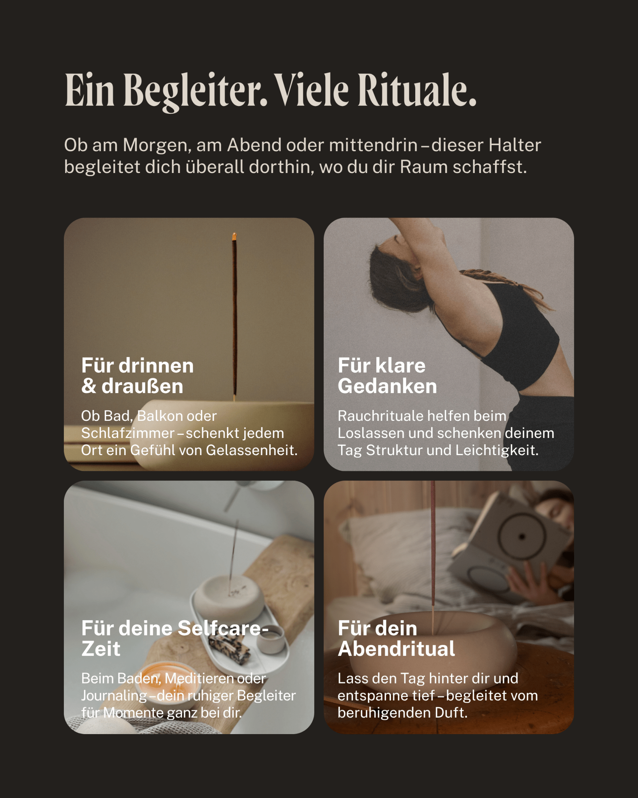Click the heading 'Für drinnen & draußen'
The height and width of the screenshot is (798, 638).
point(137,376)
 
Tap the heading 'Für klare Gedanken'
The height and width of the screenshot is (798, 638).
point(387,376)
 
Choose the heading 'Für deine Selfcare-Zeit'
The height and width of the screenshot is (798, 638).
point(175,638)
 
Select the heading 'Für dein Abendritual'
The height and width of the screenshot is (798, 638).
point(396,638)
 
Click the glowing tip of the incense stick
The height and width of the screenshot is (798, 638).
point(234,236)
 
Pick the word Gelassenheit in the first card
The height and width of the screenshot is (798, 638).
point(251,450)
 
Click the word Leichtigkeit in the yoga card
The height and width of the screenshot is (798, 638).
point(497,451)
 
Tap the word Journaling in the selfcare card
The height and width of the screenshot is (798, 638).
point(114,696)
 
